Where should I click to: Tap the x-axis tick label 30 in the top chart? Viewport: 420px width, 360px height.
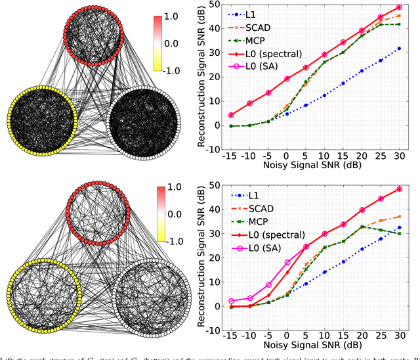pyautogui.click(x=398, y=157)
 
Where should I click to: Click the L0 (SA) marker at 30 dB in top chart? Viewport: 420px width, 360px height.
pyautogui.click(x=399, y=7)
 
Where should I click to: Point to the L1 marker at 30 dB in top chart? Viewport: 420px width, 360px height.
pyautogui.click(x=399, y=49)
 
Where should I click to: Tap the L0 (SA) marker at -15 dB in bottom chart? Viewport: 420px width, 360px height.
pyautogui.click(x=231, y=301)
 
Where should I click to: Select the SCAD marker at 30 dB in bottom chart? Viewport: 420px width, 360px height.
pyautogui.click(x=399, y=216)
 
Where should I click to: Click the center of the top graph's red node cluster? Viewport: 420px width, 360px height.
pyautogui.click(x=99, y=37)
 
